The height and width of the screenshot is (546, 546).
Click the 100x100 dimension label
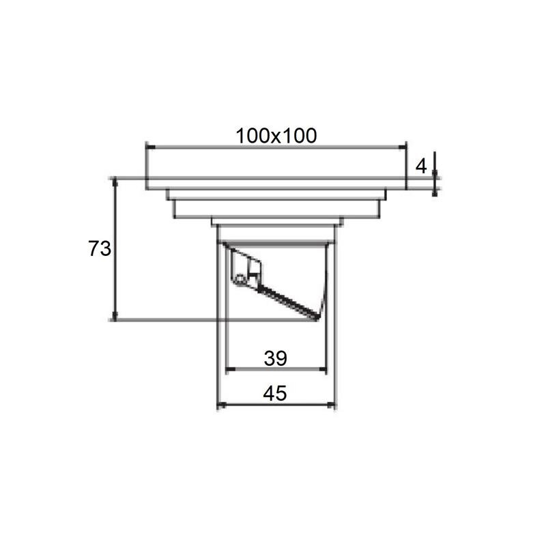pyautogui.click(x=276, y=136)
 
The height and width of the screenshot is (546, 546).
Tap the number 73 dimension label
pyautogui.click(x=100, y=248)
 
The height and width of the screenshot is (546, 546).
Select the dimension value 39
pyautogui.click(x=276, y=358)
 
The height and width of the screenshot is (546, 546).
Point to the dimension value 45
pyautogui.click(x=275, y=394)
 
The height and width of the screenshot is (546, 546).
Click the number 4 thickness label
pyautogui.click(x=421, y=166)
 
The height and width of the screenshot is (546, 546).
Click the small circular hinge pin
pyautogui.click(x=240, y=279)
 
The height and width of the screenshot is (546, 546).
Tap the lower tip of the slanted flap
pyautogui.click(x=316, y=317)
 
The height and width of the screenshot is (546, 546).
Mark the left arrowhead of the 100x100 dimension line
pyautogui.click(x=150, y=147)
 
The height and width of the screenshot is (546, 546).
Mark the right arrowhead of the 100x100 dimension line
pyautogui.click(x=402, y=147)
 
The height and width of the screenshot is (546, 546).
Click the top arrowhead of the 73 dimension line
pyautogui.click(x=115, y=182)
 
